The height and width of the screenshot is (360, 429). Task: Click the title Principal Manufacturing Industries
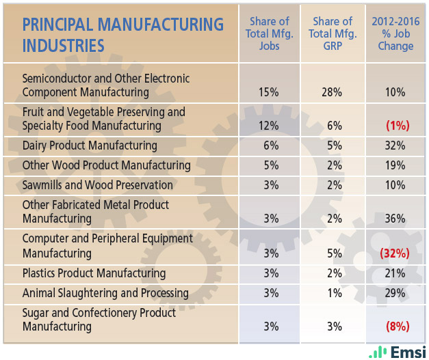pos(123,35)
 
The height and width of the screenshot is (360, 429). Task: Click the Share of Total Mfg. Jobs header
pos(268,33)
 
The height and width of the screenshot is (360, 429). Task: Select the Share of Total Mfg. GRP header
pos(332,33)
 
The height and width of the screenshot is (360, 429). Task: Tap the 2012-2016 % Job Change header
pos(395,33)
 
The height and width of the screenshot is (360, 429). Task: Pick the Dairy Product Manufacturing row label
pos(90,146)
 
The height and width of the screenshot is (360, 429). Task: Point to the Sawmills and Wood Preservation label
pos(98,185)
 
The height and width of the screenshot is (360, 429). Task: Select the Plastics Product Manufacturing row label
pos(94,273)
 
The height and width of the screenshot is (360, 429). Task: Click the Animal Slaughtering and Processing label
pos(105,293)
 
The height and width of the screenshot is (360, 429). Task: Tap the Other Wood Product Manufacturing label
pos(107,165)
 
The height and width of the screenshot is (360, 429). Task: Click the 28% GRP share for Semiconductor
pos(332,92)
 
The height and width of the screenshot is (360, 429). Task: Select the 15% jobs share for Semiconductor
pos(268,92)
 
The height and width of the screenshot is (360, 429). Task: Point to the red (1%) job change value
pos(395,126)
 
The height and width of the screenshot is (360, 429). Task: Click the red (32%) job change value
pos(395,253)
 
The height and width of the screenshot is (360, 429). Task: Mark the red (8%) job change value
pos(395,327)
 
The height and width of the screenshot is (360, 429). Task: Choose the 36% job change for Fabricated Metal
pos(395,219)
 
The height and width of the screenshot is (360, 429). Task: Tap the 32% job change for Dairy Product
pos(395,146)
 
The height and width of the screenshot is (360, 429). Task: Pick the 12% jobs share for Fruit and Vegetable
pos(268,126)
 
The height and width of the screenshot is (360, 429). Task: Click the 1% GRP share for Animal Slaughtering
pos(332,293)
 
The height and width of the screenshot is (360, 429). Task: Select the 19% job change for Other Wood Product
pos(395,165)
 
